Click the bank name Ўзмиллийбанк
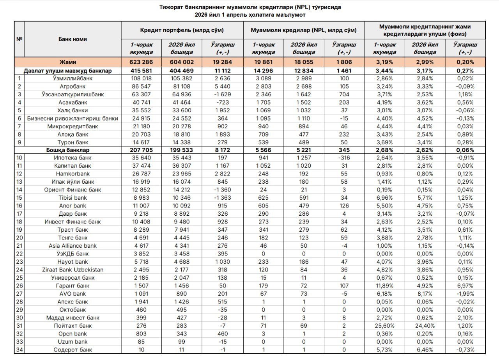pyautogui.click(x=73, y=78)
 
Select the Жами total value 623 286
pyautogui.click(x=142, y=62)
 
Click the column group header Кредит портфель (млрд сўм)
pyautogui.click(x=182, y=30)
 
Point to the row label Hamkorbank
pyautogui.click(x=73, y=174)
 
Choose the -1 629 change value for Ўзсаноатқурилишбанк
pyautogui.click(x=223, y=94)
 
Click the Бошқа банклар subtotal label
pyautogui.click(x=73, y=150)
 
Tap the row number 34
pyautogui.click(x=19, y=349)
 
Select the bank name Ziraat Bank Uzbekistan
pyautogui.click(x=73, y=270)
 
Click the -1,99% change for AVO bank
pyautogui.click(x=465, y=294)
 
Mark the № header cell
pyautogui.click(x=19, y=39)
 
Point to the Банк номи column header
pyautogui.click(x=73, y=39)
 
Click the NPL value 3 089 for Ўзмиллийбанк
pyautogui.click(x=264, y=78)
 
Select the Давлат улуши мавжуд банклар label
pyautogui.click(x=68, y=71)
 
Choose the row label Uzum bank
pyautogui.click(x=73, y=342)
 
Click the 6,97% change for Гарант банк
pyautogui.click(x=465, y=286)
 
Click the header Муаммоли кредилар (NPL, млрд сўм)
pyautogui.click(x=303, y=30)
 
